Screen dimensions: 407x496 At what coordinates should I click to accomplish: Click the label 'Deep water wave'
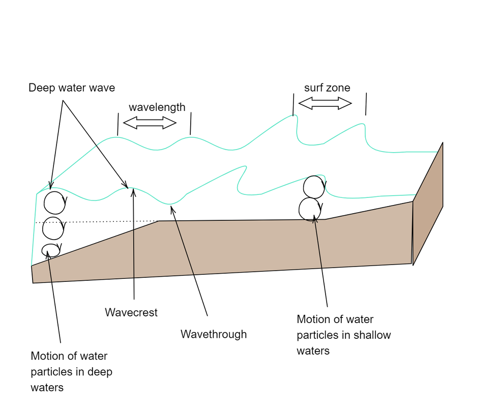(72, 88)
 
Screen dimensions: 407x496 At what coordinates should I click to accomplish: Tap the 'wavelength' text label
(157, 107)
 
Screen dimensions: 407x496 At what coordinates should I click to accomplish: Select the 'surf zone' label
(327, 88)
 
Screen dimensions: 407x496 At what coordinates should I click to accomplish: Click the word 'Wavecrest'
(131, 312)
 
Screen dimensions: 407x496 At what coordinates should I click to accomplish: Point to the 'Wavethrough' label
(213, 334)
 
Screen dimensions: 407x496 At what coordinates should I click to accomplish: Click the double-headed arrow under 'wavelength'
(150, 123)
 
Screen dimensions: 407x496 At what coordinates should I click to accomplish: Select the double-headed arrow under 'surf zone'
(325, 104)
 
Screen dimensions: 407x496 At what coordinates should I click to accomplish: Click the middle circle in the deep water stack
(53, 228)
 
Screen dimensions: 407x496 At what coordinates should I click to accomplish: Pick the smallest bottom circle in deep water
(50, 250)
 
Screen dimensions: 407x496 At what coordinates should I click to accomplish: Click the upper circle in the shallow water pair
(314, 187)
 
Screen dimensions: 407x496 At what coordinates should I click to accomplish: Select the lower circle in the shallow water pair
(310, 209)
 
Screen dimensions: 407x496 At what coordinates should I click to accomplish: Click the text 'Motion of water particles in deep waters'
(71, 372)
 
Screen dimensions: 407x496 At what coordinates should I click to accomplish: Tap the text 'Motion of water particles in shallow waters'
(343, 335)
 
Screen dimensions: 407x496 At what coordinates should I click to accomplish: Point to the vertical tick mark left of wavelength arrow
(118, 124)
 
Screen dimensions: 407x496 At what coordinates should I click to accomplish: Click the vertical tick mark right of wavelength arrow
(191, 124)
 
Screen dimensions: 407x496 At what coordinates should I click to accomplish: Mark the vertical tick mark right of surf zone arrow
(366, 104)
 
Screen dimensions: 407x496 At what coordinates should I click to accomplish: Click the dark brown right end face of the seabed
(428, 203)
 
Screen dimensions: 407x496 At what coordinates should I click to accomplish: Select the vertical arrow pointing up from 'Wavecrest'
(133, 244)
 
